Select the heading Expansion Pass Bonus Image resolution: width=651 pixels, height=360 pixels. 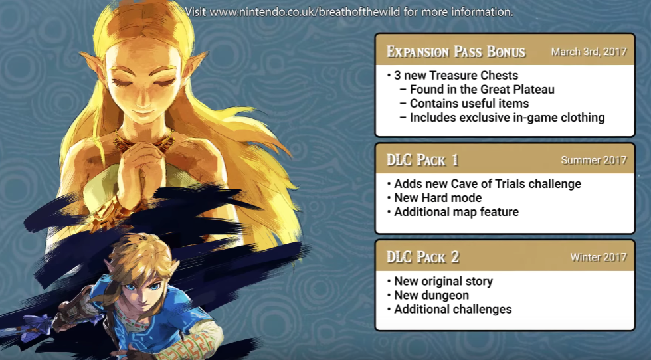tap(456, 52)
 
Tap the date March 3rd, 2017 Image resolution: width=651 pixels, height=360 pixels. tap(589, 52)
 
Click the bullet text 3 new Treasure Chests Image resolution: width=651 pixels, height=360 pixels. tap(456, 75)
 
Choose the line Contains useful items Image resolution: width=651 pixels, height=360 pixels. tap(469, 104)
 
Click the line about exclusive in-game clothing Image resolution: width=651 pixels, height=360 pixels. tap(507, 118)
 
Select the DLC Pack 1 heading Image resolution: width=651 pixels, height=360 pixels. tap(422, 160)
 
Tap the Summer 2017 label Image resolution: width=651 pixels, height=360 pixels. tap(594, 160)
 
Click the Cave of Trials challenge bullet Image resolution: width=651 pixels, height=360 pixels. tap(488, 184)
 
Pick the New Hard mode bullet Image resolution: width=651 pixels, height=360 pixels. tap(438, 198)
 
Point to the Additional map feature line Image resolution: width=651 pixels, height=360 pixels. tap(456, 212)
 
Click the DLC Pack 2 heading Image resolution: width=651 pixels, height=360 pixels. tap(422, 257)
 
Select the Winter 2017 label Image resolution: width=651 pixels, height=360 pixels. tap(599, 258)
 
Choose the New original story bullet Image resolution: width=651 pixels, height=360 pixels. tap(443, 281)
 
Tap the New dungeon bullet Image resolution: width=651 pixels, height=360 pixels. tap(431, 295)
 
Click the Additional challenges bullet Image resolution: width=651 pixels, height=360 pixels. tap(452, 310)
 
